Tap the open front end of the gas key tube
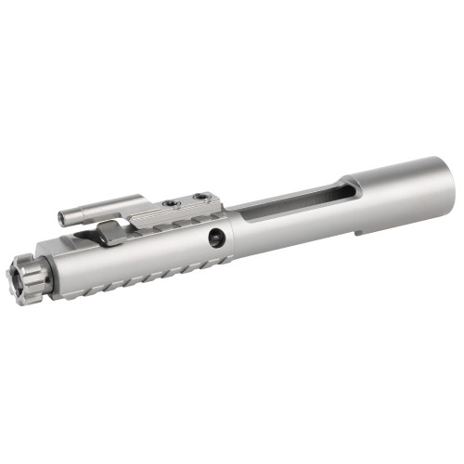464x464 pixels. (x=62, y=219)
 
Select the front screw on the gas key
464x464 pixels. (x=169, y=203)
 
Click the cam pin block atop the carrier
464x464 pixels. (x=110, y=232)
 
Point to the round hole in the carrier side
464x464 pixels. (x=216, y=238)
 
